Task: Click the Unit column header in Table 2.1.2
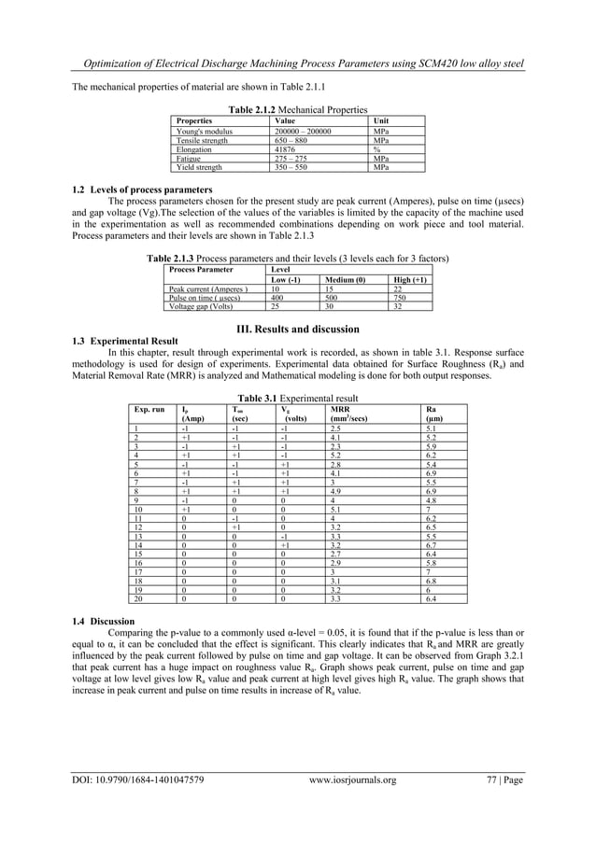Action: click(382, 121)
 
